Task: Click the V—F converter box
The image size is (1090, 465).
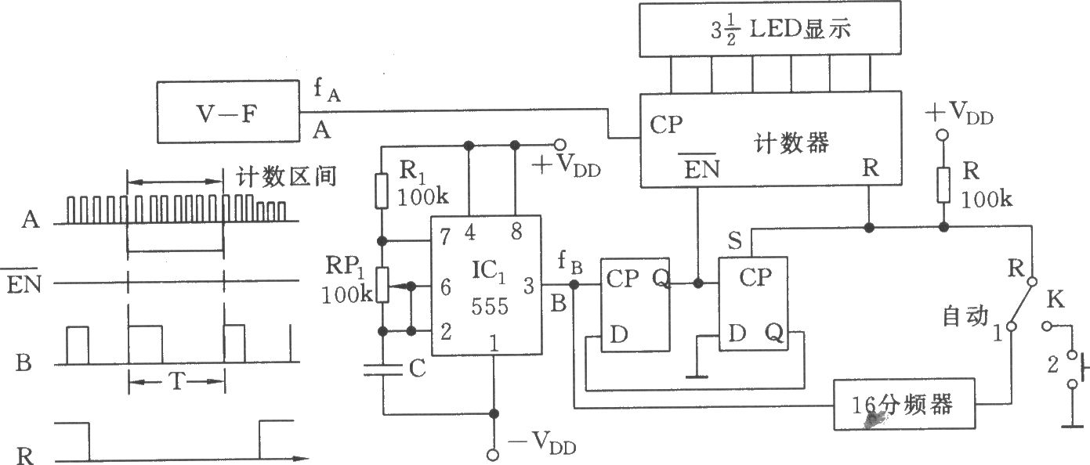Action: (x=228, y=112)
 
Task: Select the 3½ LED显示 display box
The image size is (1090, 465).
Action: (x=770, y=28)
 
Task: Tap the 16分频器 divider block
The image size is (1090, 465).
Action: (x=904, y=404)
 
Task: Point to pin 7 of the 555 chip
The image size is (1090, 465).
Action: (x=445, y=236)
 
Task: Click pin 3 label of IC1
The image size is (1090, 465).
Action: (x=528, y=286)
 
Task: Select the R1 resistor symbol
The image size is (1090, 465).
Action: (x=382, y=190)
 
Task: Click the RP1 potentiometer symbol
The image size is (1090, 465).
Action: (x=382, y=285)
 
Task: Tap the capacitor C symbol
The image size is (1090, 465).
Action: (x=383, y=369)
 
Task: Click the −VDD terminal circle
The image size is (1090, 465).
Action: (x=493, y=455)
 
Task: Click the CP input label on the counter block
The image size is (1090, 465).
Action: (x=666, y=125)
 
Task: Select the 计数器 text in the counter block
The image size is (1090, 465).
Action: (x=791, y=143)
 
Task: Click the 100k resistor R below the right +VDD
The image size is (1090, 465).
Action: (x=943, y=185)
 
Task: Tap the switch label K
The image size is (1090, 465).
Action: (x=1055, y=299)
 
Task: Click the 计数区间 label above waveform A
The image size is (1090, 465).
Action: (x=286, y=177)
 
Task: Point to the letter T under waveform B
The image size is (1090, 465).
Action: (x=177, y=381)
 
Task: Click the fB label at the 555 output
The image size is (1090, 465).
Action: (x=570, y=263)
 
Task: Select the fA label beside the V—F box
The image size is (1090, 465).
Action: (x=327, y=90)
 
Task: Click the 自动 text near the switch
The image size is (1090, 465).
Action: (x=965, y=315)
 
